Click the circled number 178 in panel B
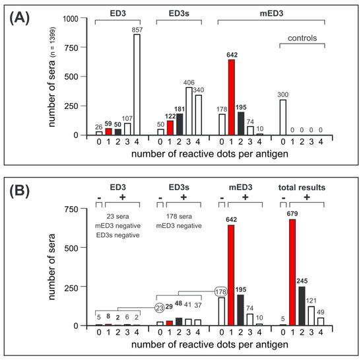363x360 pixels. tap(222, 291)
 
